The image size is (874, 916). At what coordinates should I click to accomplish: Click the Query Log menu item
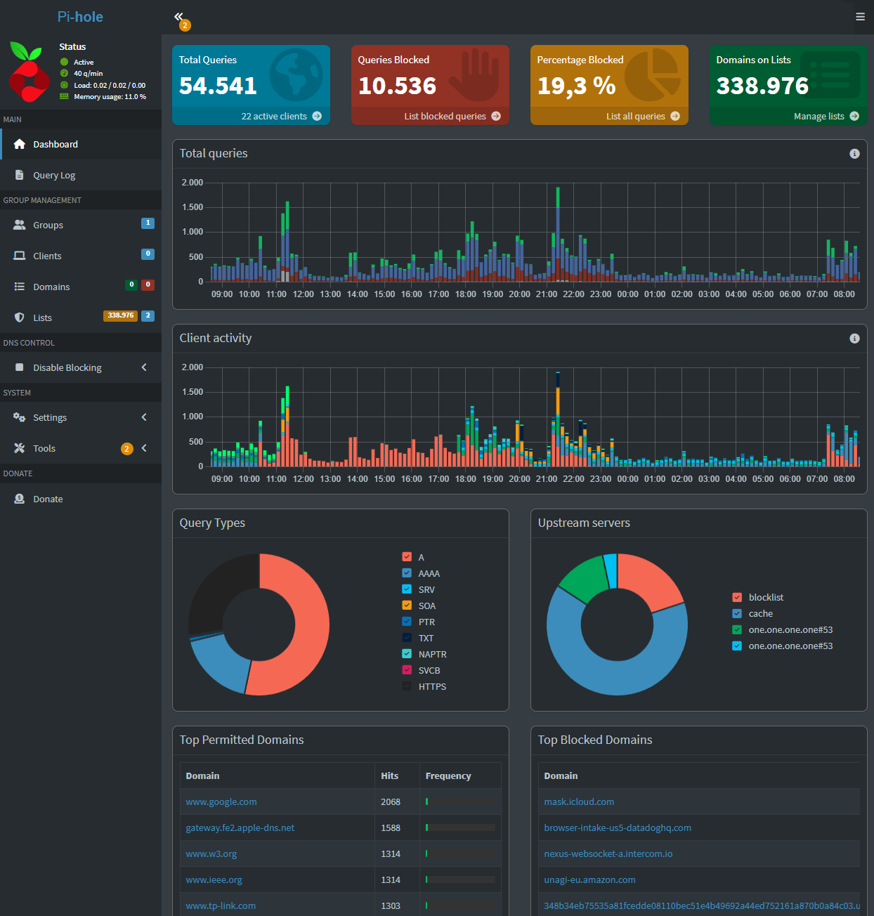pos(54,175)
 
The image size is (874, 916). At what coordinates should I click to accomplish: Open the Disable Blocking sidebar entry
pos(67,367)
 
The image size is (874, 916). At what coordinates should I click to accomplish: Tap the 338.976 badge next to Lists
pos(120,315)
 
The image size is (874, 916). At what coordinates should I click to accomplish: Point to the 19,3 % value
pos(576,86)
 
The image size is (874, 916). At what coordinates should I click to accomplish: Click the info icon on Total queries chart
pos(854,154)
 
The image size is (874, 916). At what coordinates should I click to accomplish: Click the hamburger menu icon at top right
pos(860,17)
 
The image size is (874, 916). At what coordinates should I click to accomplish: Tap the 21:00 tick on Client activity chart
pos(547,479)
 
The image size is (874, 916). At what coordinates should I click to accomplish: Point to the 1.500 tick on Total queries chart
pos(192,207)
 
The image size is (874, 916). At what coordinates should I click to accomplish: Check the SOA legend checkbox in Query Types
pos(407,606)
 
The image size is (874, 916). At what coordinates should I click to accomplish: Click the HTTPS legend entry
pos(424,687)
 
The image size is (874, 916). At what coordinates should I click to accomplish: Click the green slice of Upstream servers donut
pos(584,578)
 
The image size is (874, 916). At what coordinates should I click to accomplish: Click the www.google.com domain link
pos(221,802)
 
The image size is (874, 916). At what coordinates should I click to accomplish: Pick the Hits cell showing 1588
pos(391,828)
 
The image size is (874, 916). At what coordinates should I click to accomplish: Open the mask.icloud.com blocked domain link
pos(579,802)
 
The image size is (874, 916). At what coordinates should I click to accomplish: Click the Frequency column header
pos(448,776)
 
